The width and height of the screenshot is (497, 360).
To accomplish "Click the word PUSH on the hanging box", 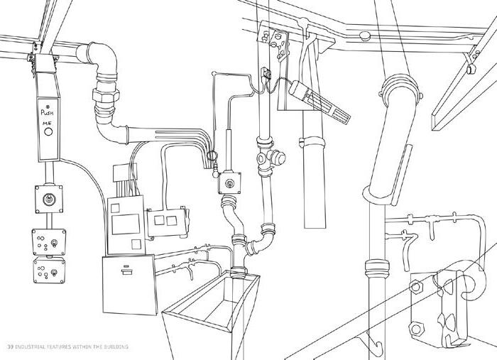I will point(48,112).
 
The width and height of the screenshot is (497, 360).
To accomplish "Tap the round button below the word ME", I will point(48,133).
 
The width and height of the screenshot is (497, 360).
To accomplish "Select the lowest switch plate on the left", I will point(48,271).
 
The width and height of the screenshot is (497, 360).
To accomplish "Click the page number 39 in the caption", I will point(9,346).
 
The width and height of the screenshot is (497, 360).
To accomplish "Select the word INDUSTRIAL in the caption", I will point(33,346).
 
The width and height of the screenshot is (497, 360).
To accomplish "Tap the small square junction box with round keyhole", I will point(229,184).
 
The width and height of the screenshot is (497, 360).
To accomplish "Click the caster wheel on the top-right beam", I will point(469,68).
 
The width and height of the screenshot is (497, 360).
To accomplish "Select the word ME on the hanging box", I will point(47,123).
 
